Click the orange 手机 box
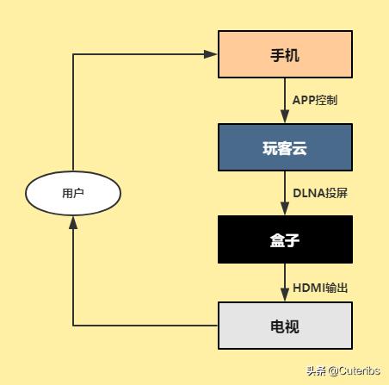click(285, 55)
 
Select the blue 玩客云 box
click(285, 147)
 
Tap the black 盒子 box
click(285, 239)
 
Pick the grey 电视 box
click(285, 326)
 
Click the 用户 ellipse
click(73, 193)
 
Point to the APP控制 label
click(315, 101)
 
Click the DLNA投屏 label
click(320, 193)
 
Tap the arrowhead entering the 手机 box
click(211, 54)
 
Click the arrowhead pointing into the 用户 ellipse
click(73, 222)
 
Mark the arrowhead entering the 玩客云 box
click(285, 117)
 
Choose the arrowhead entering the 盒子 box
click(285, 209)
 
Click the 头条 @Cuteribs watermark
click(343, 371)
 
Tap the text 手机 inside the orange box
click(285, 55)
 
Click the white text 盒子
click(285, 239)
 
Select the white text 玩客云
click(285, 148)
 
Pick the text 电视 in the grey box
click(285, 326)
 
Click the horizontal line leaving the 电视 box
click(146, 326)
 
